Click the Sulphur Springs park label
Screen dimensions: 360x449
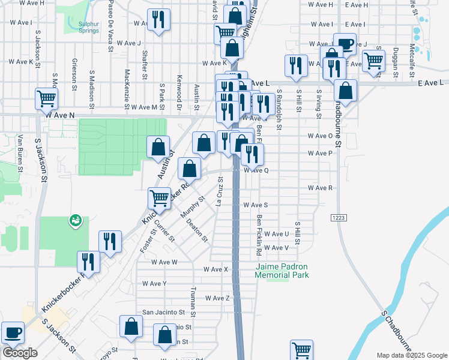[88, 27]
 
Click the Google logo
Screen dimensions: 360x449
[19, 353]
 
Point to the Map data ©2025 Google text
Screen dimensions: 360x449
[411, 355]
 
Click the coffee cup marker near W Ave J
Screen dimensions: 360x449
[345, 43]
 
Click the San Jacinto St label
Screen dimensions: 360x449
[163, 313]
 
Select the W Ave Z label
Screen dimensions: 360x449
[217, 298]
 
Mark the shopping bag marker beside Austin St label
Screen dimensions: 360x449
[157, 146]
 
